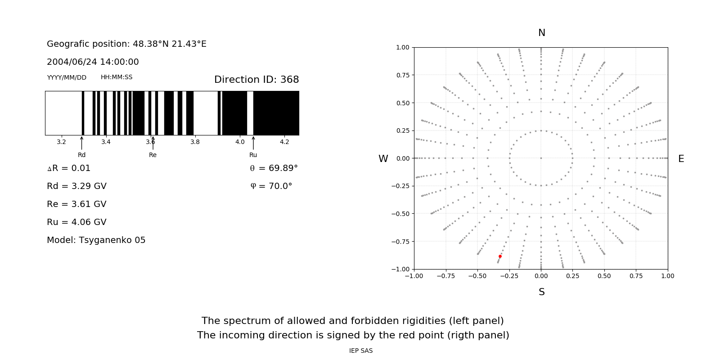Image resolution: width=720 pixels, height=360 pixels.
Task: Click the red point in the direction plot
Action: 500,256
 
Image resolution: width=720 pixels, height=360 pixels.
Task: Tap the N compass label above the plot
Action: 541,33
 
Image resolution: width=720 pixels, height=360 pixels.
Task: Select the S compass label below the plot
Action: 541,292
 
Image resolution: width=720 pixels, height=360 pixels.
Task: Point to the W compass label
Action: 383,159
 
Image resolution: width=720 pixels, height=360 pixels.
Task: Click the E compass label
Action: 681,159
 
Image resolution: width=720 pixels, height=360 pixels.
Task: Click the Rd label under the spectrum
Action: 81,155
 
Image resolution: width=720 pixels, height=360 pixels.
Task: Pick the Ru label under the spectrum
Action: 253,155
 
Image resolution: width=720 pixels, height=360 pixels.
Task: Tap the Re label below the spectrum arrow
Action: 153,155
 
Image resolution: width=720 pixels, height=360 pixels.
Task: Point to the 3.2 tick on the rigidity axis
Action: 61,142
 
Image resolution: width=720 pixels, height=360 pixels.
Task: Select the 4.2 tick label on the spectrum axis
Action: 284,142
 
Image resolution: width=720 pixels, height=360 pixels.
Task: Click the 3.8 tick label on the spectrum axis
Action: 195,142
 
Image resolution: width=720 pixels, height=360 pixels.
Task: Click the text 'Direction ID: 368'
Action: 256,80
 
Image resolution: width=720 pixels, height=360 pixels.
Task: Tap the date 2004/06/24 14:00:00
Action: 93,62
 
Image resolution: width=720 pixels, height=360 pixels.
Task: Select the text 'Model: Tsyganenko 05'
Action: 96,240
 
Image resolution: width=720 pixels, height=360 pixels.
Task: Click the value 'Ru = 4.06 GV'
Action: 76,222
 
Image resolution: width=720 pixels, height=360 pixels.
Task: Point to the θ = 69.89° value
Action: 274,168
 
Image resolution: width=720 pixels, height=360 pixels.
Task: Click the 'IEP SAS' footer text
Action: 361,351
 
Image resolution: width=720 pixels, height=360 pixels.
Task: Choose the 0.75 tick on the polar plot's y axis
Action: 402,75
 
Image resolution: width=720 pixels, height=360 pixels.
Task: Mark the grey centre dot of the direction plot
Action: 541,158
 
